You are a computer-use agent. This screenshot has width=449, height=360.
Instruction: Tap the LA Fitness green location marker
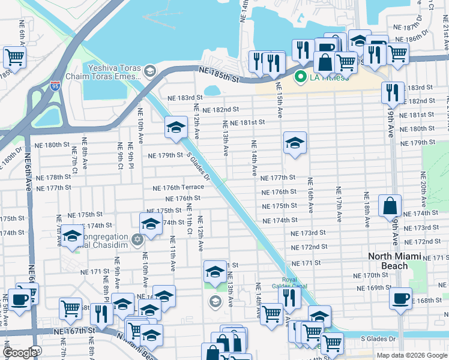[x=300, y=77]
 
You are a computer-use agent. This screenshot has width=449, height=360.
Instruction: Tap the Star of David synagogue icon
[x=137, y=240]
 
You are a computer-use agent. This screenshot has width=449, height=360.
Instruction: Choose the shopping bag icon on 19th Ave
[x=390, y=205]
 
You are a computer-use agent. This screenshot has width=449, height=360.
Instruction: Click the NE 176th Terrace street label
[x=178, y=187]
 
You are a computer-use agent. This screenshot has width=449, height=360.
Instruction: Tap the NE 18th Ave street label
[x=365, y=209]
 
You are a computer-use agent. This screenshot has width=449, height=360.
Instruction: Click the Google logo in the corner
[x=20, y=353]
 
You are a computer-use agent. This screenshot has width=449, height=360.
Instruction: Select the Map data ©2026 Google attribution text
[x=412, y=355]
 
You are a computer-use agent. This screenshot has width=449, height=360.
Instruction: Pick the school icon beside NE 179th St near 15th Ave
[x=295, y=143]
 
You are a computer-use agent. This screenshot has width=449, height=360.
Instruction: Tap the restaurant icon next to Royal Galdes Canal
[x=291, y=298]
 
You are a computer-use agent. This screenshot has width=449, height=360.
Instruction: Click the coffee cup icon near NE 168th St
[x=400, y=298]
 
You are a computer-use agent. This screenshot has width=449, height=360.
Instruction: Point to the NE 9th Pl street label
[x=130, y=155]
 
